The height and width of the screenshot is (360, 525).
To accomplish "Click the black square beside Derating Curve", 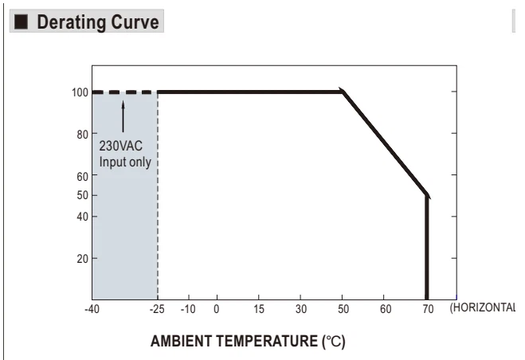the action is [21, 22].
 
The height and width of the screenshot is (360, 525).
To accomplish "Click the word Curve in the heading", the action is [135, 22].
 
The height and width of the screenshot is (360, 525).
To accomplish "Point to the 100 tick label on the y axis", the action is [80, 92].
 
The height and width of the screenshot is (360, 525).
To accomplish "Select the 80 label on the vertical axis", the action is [82, 135].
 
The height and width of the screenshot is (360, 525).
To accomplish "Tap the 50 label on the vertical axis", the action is [82, 195].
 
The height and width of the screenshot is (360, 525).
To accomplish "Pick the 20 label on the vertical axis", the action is [82, 259].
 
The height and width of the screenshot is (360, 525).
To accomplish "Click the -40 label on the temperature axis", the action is [92, 309].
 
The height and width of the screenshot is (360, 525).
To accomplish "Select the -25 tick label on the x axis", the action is [157, 309].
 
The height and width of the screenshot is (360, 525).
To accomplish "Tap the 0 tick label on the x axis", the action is [217, 309].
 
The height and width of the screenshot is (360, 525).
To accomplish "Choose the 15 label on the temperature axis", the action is [258, 309].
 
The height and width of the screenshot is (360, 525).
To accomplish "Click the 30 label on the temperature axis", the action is [300, 309].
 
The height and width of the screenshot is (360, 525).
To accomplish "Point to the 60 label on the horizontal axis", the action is [386, 309].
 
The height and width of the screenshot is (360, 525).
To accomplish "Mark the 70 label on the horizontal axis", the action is [428, 309].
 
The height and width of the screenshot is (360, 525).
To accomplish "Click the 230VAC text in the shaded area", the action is [121, 146].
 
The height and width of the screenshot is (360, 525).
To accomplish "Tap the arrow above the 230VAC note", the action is [123, 116].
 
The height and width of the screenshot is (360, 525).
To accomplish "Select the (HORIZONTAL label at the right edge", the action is [483, 307].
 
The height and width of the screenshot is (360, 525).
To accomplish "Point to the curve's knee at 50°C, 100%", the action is [343, 92].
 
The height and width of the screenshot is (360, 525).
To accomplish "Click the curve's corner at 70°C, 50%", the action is [427, 195].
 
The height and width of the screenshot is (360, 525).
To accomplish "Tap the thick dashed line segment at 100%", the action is [124, 92].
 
